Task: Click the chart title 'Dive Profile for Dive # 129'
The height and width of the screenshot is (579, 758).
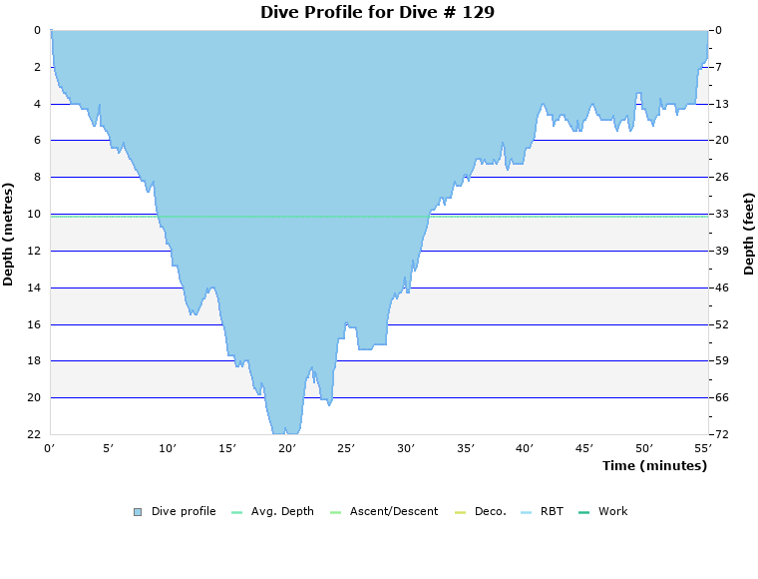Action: [377, 13]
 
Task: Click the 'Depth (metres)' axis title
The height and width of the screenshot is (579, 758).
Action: [9, 234]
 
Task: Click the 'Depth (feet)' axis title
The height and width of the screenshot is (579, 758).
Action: [748, 234]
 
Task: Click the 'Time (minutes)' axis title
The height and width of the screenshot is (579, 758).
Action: [654, 466]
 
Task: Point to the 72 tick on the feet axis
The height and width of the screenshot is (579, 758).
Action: [721, 434]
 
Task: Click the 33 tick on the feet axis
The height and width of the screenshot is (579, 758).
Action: [721, 214]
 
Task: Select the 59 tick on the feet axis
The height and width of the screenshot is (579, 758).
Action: [721, 361]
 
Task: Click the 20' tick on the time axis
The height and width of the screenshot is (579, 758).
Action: [287, 449]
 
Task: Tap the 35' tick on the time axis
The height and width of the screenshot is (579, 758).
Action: [466, 449]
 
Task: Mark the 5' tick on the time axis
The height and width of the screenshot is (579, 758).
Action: [110, 449]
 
